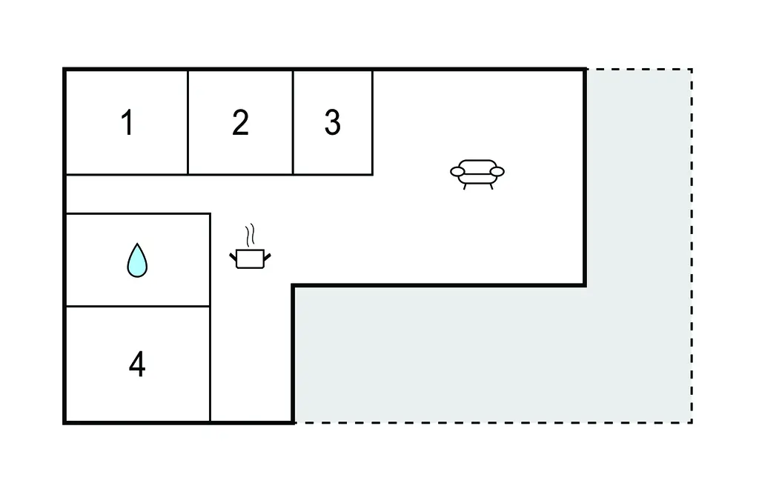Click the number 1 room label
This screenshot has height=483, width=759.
point(127,122)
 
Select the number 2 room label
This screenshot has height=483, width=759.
point(241,122)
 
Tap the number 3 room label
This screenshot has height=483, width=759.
point(333,122)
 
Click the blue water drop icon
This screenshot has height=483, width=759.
point(137,260)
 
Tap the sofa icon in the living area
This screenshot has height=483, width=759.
point(477,174)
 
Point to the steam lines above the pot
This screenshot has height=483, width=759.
point(250,235)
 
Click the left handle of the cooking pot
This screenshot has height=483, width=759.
point(233,256)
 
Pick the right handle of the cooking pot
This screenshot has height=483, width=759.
point(267,256)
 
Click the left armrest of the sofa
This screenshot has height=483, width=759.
point(457,171)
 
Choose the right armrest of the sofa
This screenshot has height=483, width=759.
point(497,171)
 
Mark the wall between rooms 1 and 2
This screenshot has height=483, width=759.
point(188,122)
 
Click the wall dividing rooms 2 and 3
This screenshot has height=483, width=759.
point(293,122)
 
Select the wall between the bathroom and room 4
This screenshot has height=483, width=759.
point(138,307)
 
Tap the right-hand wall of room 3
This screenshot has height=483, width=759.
point(372,122)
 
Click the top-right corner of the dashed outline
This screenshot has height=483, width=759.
point(692,69)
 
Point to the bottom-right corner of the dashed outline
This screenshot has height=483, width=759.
point(692,422)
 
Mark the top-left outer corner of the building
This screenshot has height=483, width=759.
point(64,69)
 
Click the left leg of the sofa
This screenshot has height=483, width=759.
point(465,187)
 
